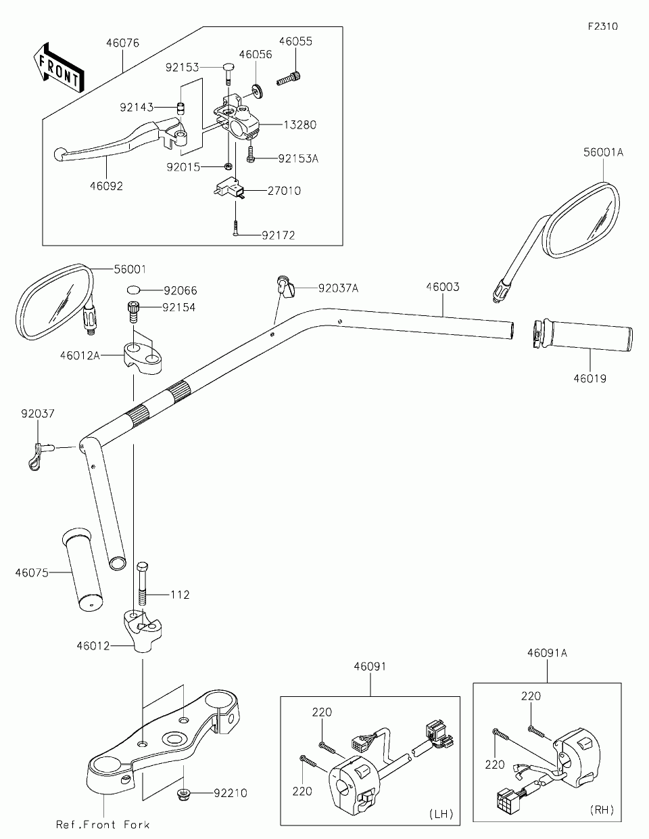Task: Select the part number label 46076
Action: point(122,43)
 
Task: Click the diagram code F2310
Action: point(603,26)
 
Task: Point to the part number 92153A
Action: point(298,159)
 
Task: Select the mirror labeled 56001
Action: point(55,301)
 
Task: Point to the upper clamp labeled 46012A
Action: point(142,358)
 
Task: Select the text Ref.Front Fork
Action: point(103,825)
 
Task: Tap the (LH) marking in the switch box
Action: point(441,814)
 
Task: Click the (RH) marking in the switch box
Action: point(602,809)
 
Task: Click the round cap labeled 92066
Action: point(133,290)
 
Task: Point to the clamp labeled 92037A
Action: point(285,288)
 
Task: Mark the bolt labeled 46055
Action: point(289,78)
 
